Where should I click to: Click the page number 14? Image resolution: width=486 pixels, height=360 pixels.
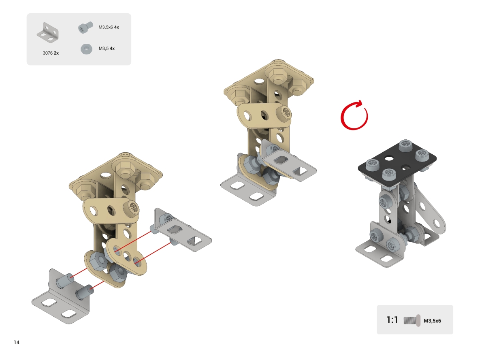(17, 342)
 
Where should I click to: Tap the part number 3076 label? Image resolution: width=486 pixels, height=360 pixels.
(48, 53)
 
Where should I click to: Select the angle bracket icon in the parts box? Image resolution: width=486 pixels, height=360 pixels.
(48, 32)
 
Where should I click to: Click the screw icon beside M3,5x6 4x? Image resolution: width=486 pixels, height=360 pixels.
(85, 28)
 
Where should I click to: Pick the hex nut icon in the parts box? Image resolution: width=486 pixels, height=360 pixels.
(86, 49)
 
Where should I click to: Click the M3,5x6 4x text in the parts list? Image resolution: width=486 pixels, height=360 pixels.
(109, 27)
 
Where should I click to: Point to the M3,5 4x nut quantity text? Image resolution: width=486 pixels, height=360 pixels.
(107, 49)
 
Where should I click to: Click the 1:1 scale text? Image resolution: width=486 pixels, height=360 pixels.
(392, 320)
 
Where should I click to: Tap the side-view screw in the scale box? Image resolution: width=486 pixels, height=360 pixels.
(412, 320)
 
